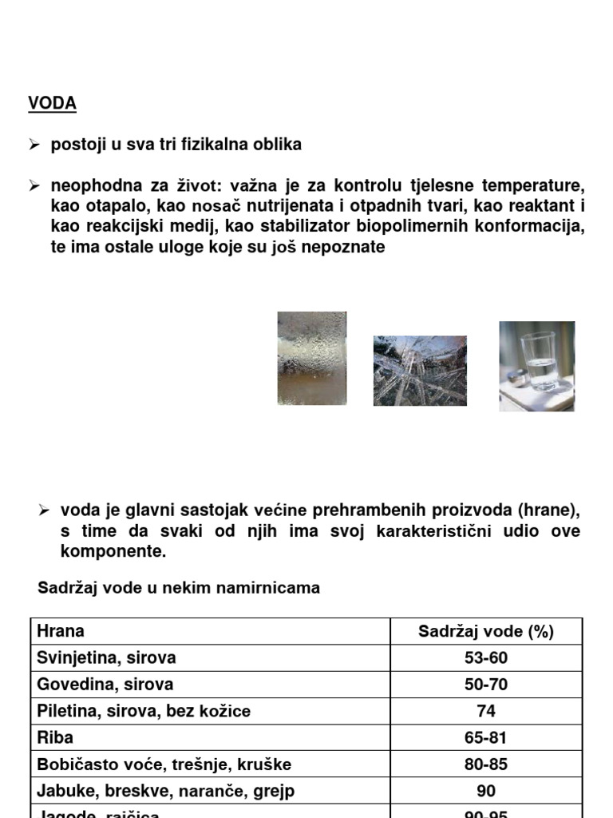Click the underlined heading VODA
click(x=53, y=103)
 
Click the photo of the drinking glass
click(x=536, y=366)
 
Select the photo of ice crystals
click(x=420, y=371)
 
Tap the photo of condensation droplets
click(x=311, y=358)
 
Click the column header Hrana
click(x=61, y=631)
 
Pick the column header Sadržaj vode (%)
click(x=485, y=632)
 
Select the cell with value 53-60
click(x=485, y=658)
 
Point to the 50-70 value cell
click(x=485, y=685)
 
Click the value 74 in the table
click(x=485, y=711)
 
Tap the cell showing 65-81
click(x=485, y=737)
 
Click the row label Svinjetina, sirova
click(x=106, y=658)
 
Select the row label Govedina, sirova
click(x=105, y=685)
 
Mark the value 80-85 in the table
click(x=485, y=764)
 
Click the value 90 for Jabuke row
click(x=485, y=791)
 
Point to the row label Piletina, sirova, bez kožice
click(x=144, y=711)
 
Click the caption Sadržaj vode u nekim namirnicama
click(x=179, y=588)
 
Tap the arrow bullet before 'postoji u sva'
click(x=34, y=145)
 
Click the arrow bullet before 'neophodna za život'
click(x=34, y=186)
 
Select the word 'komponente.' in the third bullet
click(x=113, y=551)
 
